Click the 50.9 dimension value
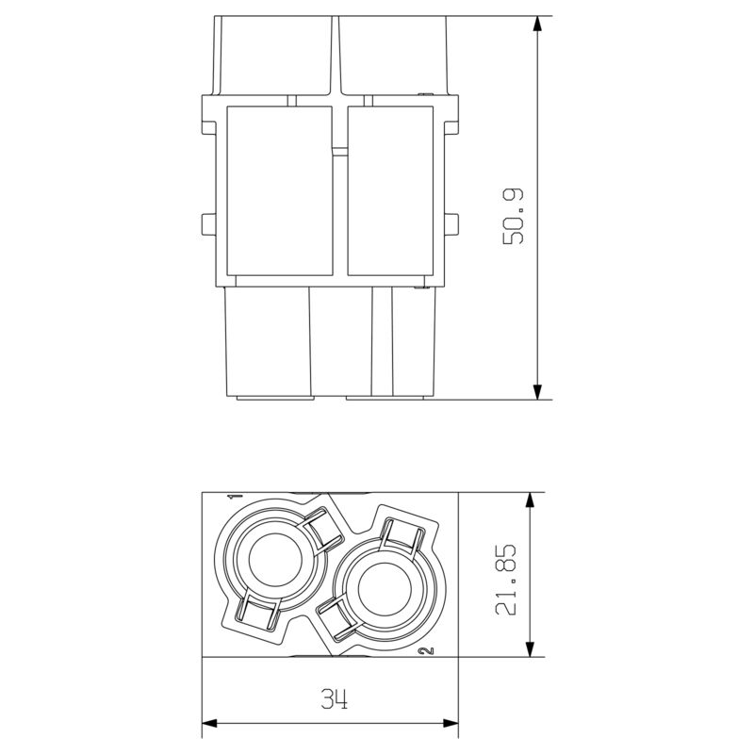pyautogui.click(x=514, y=216)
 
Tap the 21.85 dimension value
pyautogui.click(x=510, y=577)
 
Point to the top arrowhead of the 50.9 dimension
pyautogui.click(x=537, y=24)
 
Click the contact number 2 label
pyautogui.click(x=429, y=651)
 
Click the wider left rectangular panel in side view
pyautogui.click(x=280, y=189)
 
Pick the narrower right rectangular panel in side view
pyautogui.click(x=389, y=189)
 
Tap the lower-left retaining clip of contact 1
pyautogui.click(x=257, y=614)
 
